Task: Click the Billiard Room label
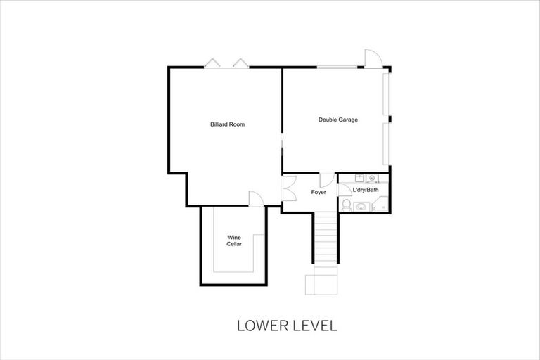[x=227, y=124]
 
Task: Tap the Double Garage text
[x=337, y=120]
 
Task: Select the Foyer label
[x=319, y=192]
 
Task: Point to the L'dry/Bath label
[x=365, y=190]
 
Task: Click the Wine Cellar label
[x=234, y=241]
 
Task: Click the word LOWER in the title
[x=259, y=326]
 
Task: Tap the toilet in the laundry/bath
[x=346, y=205]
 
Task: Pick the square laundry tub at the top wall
[x=359, y=178]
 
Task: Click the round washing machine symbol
[x=372, y=178]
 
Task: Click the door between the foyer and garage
[x=326, y=179]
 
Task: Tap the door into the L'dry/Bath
[x=345, y=189]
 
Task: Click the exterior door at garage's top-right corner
[x=372, y=60]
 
